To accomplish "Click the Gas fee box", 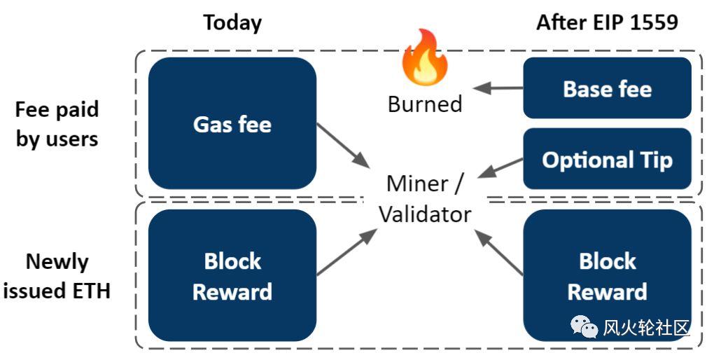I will (232, 123).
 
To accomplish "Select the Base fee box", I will (607, 88).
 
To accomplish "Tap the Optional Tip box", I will (607, 159).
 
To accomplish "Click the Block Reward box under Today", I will (232, 276).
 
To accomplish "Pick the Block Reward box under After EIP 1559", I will (607, 276).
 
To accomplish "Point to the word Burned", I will (425, 104).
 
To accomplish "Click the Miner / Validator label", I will (425, 198).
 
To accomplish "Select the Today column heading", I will (232, 22).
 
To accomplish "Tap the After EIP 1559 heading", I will (607, 22).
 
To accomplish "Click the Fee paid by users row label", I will (57, 124).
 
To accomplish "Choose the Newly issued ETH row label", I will (57, 276).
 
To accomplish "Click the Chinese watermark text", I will (646, 327).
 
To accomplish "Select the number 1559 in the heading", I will (654, 22).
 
